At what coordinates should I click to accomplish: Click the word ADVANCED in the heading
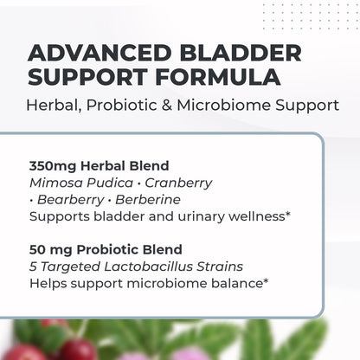(100, 53)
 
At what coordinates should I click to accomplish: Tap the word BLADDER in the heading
(241, 53)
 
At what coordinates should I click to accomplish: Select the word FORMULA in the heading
(218, 77)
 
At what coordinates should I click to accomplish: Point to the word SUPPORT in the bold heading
(87, 77)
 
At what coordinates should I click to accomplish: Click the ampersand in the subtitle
(167, 106)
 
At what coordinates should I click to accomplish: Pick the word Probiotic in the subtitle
(121, 106)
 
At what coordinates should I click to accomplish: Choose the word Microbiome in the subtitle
(223, 106)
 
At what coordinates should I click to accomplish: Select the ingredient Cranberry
(178, 183)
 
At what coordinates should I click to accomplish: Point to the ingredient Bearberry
(71, 200)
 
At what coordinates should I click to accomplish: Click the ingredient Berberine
(148, 200)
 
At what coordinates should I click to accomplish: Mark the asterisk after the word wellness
(287, 214)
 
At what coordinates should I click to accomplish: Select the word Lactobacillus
(148, 267)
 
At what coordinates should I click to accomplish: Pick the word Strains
(220, 267)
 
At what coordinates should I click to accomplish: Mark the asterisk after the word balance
(266, 281)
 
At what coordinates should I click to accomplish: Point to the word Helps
(48, 284)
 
